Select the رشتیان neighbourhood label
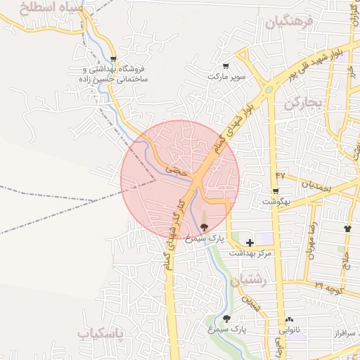(254, 280)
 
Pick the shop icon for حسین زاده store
(113, 60)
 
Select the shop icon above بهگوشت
(274, 191)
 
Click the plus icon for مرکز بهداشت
(250, 243)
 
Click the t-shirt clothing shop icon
(347, 229)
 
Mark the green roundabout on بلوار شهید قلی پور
(268, 89)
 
